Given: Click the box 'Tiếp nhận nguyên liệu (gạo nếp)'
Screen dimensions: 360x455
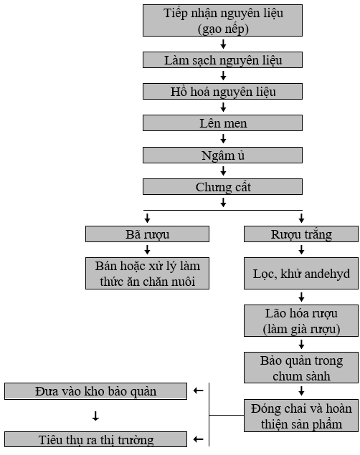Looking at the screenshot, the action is tap(222, 20).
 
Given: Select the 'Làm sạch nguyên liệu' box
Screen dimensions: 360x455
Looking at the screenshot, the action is tap(222, 59).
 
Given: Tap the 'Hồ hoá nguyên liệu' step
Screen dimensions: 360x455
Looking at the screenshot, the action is tap(222, 92).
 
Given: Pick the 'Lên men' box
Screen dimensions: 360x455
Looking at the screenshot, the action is tap(222, 123).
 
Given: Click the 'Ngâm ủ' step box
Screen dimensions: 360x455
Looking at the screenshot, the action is tap(222, 155).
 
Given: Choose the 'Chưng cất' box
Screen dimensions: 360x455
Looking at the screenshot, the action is tap(222, 186).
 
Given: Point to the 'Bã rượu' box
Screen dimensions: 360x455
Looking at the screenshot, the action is tap(147, 234).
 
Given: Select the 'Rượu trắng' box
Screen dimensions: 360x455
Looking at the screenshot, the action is tap(301, 234).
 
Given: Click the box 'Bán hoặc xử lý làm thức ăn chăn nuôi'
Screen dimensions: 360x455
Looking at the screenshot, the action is tap(147, 273).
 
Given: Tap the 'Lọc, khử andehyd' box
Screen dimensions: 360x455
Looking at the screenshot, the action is tap(301, 273).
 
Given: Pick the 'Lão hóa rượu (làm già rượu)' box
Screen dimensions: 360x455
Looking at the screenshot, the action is tap(301, 320).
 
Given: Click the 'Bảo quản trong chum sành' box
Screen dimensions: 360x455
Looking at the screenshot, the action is tap(301, 368).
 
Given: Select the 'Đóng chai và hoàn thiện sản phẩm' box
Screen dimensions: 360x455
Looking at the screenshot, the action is tap(301, 416).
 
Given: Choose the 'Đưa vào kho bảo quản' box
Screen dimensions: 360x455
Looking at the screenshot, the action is tap(95, 391).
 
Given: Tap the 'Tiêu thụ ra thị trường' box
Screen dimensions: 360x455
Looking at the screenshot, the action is tap(95, 439).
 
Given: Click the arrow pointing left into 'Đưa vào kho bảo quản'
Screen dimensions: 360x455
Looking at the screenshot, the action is tap(199, 391).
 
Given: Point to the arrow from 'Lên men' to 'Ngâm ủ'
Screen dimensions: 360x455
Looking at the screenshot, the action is tap(223, 139).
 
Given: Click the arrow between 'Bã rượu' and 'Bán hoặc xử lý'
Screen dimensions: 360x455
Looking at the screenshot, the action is tap(147, 250).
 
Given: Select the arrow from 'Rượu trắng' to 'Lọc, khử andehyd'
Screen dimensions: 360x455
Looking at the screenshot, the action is tap(301, 250).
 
